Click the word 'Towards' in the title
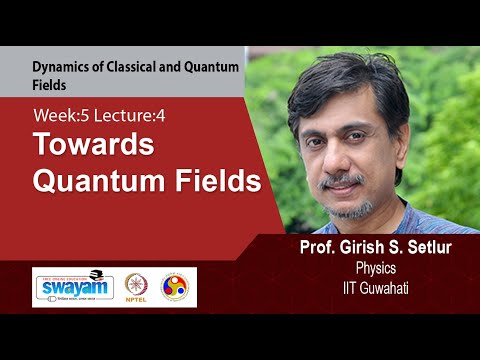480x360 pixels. pos(94,146)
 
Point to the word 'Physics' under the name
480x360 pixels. pos(377,268)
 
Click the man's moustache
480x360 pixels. pos(342,181)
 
